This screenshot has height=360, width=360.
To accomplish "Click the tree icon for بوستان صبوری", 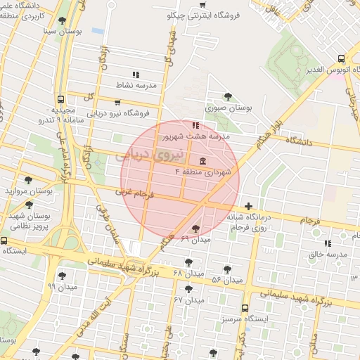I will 226,96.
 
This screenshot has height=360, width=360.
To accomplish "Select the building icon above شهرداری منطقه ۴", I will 202,159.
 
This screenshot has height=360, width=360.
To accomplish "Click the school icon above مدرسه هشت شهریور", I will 195,124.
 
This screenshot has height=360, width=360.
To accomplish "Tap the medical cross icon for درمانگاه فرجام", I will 248,205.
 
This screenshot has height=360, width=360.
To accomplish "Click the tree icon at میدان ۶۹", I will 195,228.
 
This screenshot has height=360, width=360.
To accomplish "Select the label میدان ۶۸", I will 188,272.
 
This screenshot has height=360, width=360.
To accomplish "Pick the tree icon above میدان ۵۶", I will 227,269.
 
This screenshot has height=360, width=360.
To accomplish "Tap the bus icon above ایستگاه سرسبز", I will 245,308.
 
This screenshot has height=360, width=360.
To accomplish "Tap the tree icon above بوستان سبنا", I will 63,20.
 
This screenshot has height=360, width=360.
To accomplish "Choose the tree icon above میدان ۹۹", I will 62,276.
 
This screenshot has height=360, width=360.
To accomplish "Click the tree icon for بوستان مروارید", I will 28,180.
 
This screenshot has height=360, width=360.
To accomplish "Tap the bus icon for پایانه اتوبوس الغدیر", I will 341,59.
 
